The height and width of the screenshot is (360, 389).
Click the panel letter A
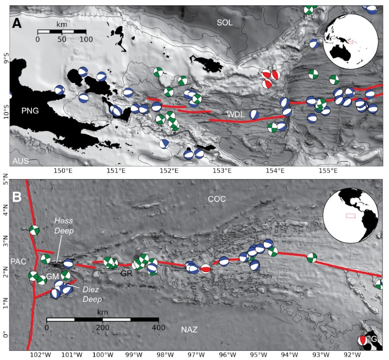tap(17, 23)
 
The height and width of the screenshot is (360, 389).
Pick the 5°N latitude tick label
tap(5, 182)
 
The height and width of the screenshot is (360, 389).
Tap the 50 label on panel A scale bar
tap(61, 40)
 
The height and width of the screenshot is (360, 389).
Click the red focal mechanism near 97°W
tap(205, 269)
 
